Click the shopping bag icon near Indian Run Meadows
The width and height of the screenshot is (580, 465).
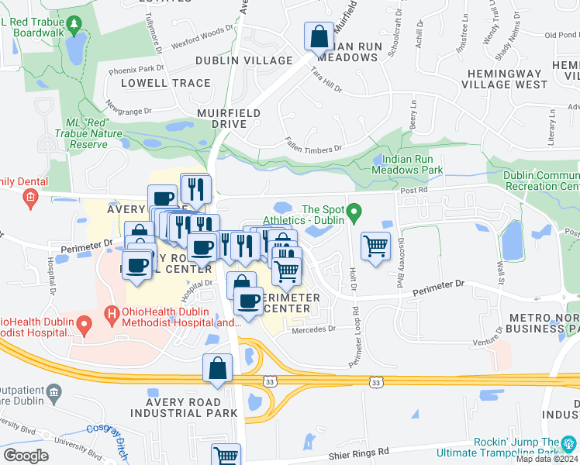[319, 36]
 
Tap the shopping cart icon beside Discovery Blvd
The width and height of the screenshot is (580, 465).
[376, 246]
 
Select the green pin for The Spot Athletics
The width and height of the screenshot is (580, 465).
[354, 210]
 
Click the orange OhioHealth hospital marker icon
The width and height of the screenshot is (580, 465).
[112, 315]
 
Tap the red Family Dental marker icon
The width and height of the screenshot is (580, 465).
[30, 198]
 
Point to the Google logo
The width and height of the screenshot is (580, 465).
[26, 456]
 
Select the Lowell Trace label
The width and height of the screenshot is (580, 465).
[164, 83]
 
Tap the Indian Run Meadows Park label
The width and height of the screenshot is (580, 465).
[407, 164]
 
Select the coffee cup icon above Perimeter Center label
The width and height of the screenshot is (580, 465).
[248, 301]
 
